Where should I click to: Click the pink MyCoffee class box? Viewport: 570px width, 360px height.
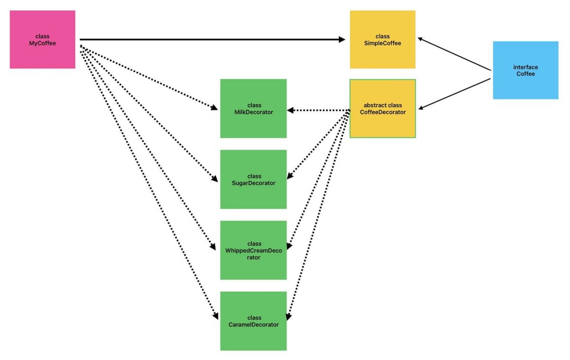tap(42, 39)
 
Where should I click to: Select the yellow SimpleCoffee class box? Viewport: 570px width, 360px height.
tap(382, 39)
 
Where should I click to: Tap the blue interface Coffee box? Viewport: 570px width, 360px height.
tap(525, 70)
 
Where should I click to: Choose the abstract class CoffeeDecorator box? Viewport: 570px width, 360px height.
tap(382, 108)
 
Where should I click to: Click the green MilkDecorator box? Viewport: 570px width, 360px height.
tap(253, 108)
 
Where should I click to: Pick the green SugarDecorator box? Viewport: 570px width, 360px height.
tap(253, 179)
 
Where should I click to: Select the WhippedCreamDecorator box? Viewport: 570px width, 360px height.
tap(253, 250)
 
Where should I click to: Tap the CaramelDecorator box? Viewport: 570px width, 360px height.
tap(253, 321)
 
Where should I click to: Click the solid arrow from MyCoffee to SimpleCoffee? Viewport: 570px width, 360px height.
tap(209, 39)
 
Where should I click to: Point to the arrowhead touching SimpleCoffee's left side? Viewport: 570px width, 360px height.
tap(342, 39)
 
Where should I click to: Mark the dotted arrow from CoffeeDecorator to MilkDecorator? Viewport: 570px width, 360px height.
tap(318, 110)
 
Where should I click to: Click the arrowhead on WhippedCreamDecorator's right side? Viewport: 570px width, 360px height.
tap(289, 246)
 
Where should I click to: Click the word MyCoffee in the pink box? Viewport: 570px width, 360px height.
tap(42, 43)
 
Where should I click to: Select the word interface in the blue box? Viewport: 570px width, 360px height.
tap(525, 67)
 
